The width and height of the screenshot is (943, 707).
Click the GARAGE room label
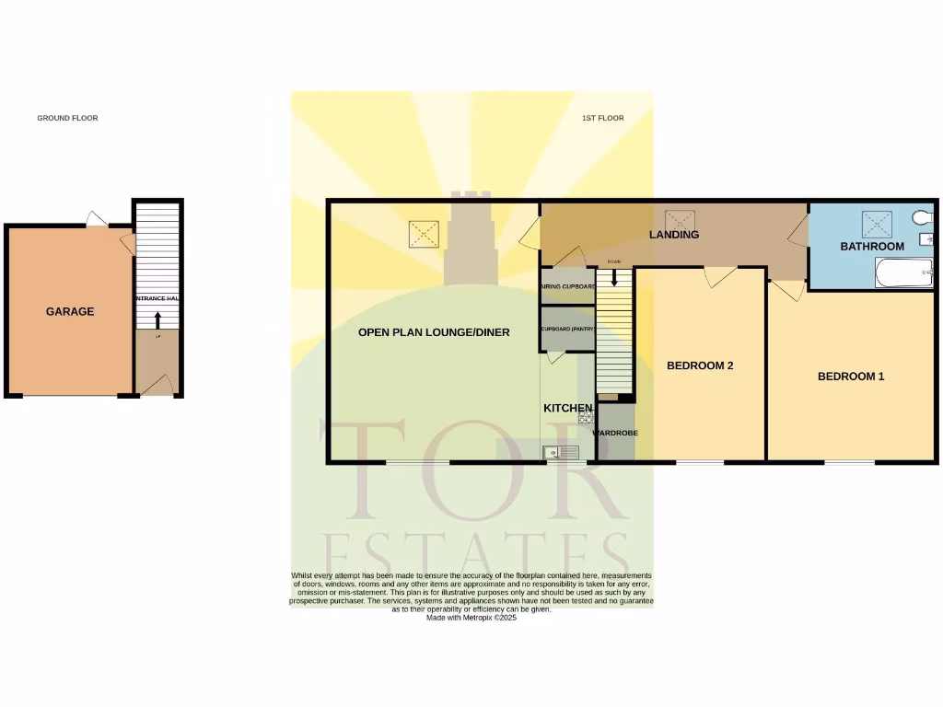(x=70, y=312)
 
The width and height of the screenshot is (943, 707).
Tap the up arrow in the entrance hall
(x=157, y=320)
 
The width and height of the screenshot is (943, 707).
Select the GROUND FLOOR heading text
(x=67, y=118)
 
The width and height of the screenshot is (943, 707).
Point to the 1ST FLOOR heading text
(x=603, y=118)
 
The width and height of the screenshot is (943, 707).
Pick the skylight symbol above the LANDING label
(x=680, y=219)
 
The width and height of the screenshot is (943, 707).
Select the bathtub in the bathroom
(x=903, y=272)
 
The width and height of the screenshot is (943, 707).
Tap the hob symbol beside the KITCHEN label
(x=586, y=416)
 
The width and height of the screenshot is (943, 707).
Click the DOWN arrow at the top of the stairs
(x=614, y=274)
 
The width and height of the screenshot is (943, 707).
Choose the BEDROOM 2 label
(x=700, y=365)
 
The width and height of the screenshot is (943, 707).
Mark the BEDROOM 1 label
(x=851, y=376)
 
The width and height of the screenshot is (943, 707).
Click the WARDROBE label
(x=614, y=433)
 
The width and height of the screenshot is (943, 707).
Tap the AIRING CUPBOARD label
(x=568, y=286)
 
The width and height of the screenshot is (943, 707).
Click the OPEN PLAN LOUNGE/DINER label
(x=434, y=332)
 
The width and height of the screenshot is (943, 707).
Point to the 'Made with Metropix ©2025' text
(x=471, y=618)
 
